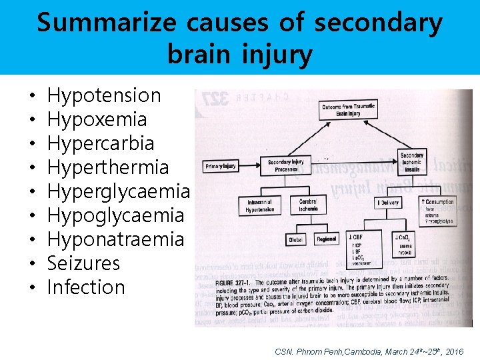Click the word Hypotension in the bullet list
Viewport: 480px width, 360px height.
(x=105, y=95)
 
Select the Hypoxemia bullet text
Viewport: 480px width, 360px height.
(x=97, y=119)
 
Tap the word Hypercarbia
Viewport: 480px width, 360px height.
(x=101, y=143)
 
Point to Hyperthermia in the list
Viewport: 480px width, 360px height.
(x=108, y=167)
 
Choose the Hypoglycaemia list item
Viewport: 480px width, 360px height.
(x=115, y=215)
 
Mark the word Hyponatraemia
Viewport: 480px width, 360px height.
(x=115, y=239)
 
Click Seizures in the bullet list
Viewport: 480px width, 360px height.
(x=84, y=263)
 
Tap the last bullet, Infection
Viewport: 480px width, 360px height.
(x=87, y=287)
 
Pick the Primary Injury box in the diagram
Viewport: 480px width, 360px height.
(x=220, y=165)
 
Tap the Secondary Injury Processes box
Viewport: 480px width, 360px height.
(x=286, y=165)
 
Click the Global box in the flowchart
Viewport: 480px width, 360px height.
(x=295, y=239)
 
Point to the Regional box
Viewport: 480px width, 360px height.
(x=327, y=239)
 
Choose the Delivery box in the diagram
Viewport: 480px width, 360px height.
(x=387, y=201)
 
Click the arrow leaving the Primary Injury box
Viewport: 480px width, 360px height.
(x=249, y=164)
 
